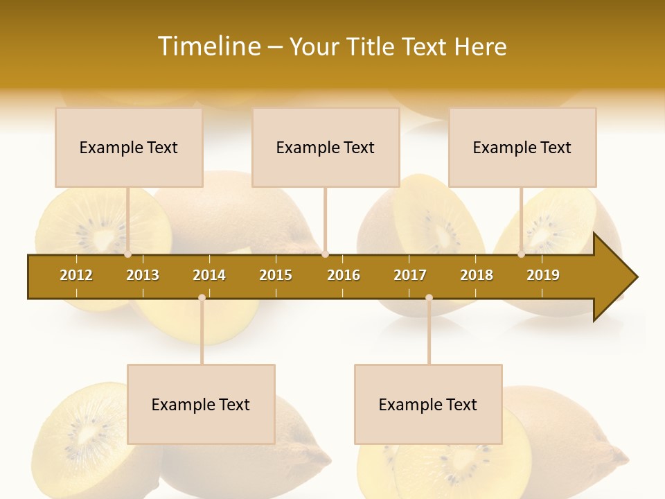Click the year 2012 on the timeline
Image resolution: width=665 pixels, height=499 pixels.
coord(76,275)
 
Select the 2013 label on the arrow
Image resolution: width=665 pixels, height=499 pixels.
coord(143,275)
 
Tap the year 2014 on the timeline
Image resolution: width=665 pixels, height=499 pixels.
coord(209,275)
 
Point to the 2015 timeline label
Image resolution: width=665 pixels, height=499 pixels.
coord(276,275)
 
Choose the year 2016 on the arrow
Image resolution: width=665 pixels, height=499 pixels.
coord(344,275)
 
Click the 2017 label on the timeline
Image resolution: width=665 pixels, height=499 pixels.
coord(410,275)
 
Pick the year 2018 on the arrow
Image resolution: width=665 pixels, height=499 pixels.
coord(477,275)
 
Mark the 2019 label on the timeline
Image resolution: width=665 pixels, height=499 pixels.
coord(543,275)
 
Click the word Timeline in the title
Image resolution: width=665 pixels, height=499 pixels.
coord(208,46)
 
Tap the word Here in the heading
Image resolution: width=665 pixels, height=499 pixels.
coord(480,46)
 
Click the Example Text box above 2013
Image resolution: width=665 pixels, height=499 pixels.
coord(129,148)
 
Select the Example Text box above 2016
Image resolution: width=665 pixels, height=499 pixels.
coord(326,148)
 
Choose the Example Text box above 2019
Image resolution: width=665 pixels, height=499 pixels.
coord(522,148)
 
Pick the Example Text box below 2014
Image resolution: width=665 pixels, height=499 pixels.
coord(201,405)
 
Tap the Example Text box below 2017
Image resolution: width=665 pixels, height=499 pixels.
coord(428,405)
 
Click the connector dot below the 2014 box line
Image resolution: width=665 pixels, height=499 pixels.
coord(202,297)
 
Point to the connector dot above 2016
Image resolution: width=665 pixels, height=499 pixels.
coord(325,254)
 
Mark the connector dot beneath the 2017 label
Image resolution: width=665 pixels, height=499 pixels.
coord(429,297)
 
